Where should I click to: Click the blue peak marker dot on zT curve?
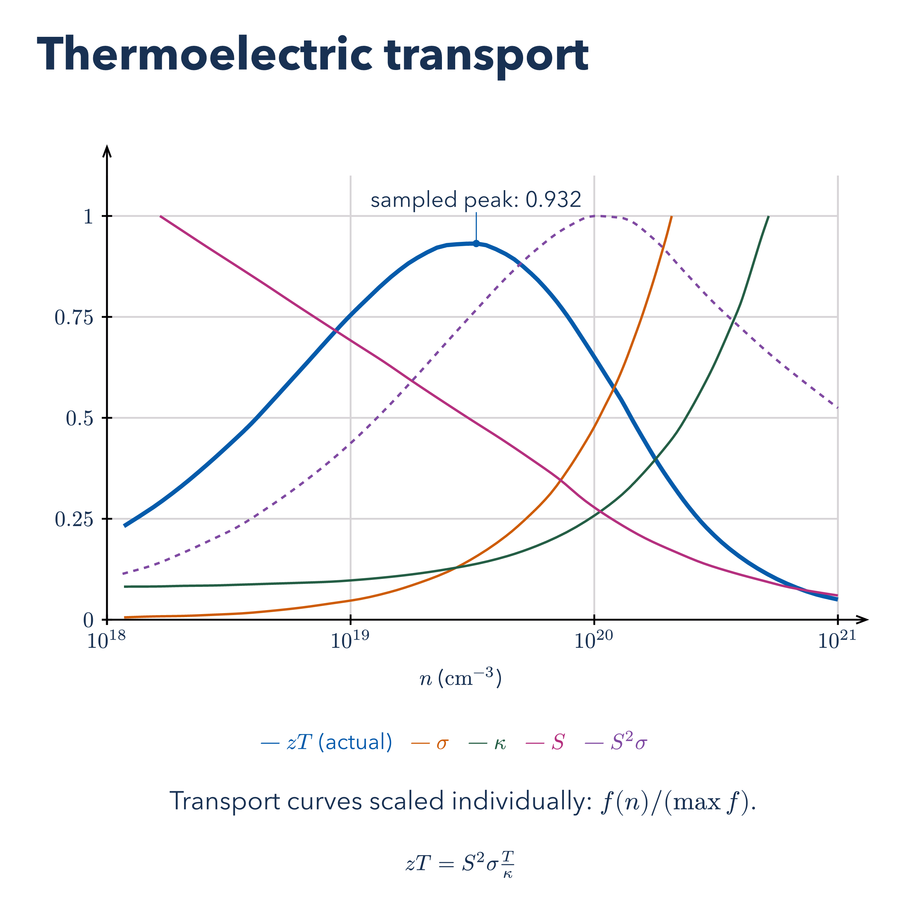click(476, 244)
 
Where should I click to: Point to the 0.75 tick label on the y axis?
click(74, 317)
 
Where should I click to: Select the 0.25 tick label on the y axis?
click(74, 519)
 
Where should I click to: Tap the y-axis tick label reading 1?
click(89, 216)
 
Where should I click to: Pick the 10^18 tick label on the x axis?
click(106, 640)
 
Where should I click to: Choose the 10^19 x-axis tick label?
click(350, 640)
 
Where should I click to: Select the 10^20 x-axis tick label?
click(594, 640)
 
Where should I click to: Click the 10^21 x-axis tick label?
click(837, 640)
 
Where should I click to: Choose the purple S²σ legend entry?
click(616, 742)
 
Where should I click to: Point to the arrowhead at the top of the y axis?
click(107, 149)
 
